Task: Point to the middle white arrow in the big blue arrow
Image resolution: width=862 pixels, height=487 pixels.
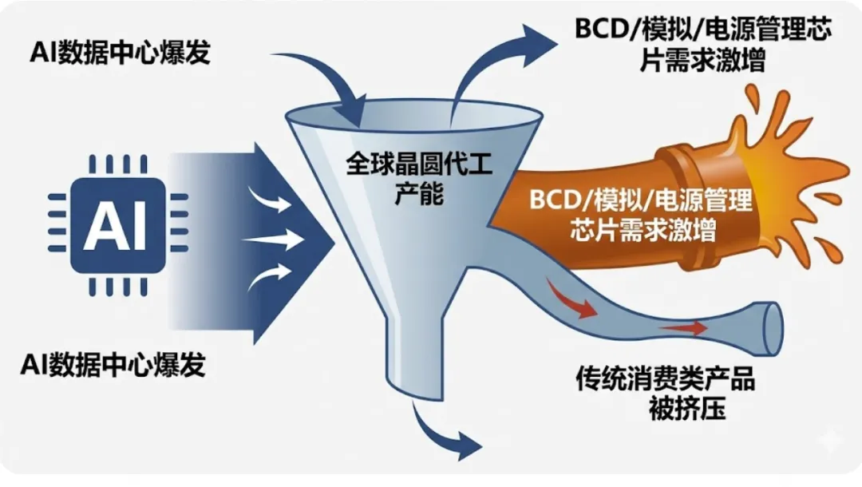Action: (275, 239)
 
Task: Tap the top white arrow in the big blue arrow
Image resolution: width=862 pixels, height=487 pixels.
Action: (271, 200)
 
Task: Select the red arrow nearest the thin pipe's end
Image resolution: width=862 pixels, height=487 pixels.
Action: (682, 327)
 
